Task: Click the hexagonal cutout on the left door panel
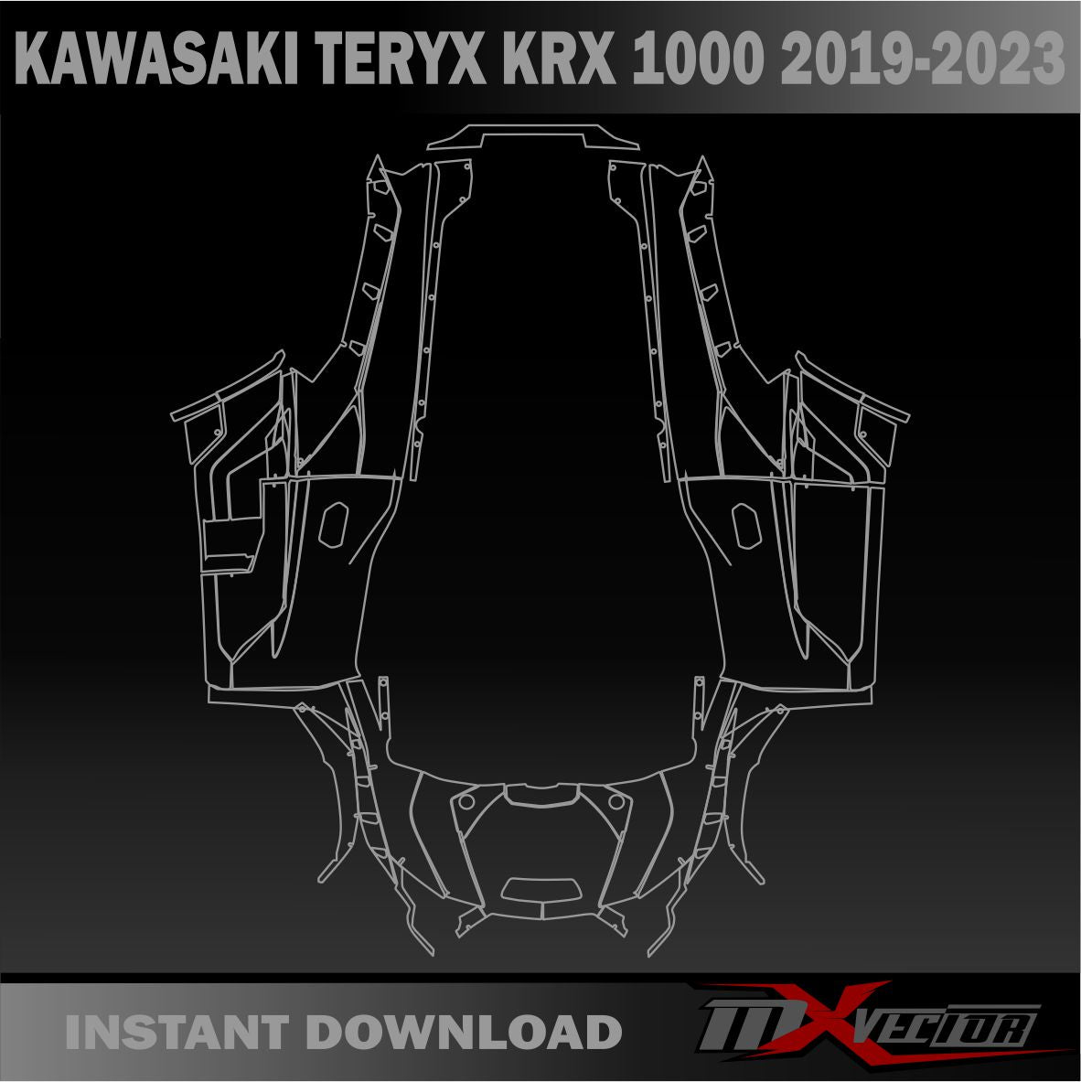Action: tap(333, 524)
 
